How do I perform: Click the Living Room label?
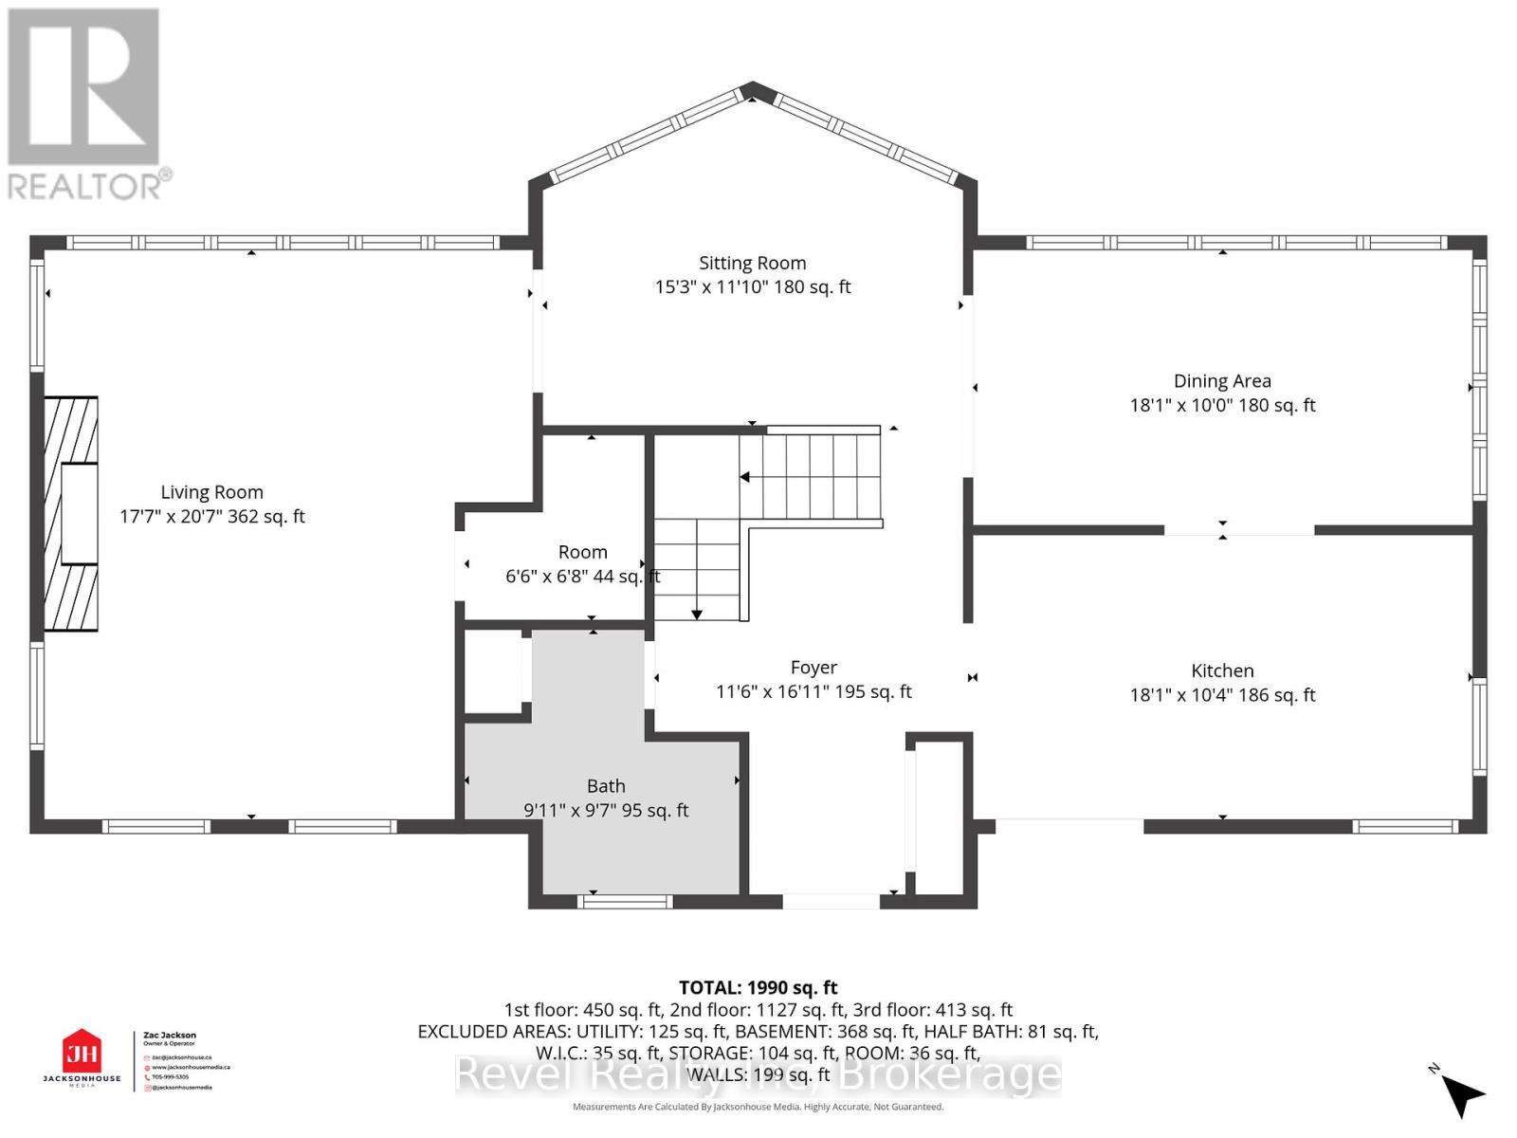211,492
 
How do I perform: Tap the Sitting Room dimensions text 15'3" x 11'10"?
712,287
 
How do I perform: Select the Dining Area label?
1222,381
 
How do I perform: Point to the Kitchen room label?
1222,670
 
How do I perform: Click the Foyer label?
813,668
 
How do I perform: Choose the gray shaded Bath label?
606,786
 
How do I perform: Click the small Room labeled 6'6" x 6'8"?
582,553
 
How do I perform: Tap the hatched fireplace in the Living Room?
72,514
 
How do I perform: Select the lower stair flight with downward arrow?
697,569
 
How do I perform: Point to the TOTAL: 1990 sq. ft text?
758,988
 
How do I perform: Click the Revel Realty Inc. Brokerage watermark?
758,1074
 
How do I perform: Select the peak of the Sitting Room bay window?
753,89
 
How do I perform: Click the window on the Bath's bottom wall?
625,901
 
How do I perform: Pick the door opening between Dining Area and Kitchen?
1238,530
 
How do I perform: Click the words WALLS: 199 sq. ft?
758,1074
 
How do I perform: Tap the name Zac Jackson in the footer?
170,1036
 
